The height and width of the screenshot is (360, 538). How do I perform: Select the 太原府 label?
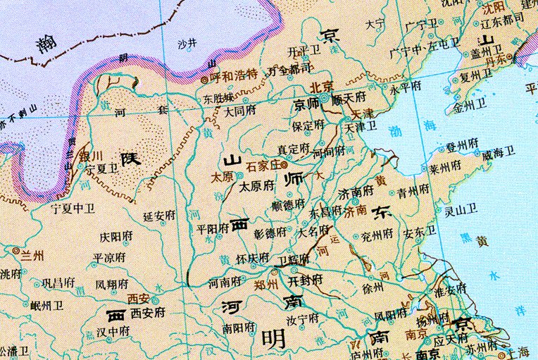pos(256,187)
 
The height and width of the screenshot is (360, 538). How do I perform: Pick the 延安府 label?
pos(159,216)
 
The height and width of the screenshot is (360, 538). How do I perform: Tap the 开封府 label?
pos(306,280)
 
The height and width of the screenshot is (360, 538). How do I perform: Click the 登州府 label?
pos(461,148)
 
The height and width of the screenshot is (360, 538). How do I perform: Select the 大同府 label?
pos(241,111)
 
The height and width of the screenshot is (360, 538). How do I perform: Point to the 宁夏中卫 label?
pos(73,209)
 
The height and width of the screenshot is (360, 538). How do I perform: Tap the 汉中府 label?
pos(114,330)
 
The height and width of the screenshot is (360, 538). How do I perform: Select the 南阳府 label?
pos(237,328)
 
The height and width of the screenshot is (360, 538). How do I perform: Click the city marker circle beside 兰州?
pos(16,250)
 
